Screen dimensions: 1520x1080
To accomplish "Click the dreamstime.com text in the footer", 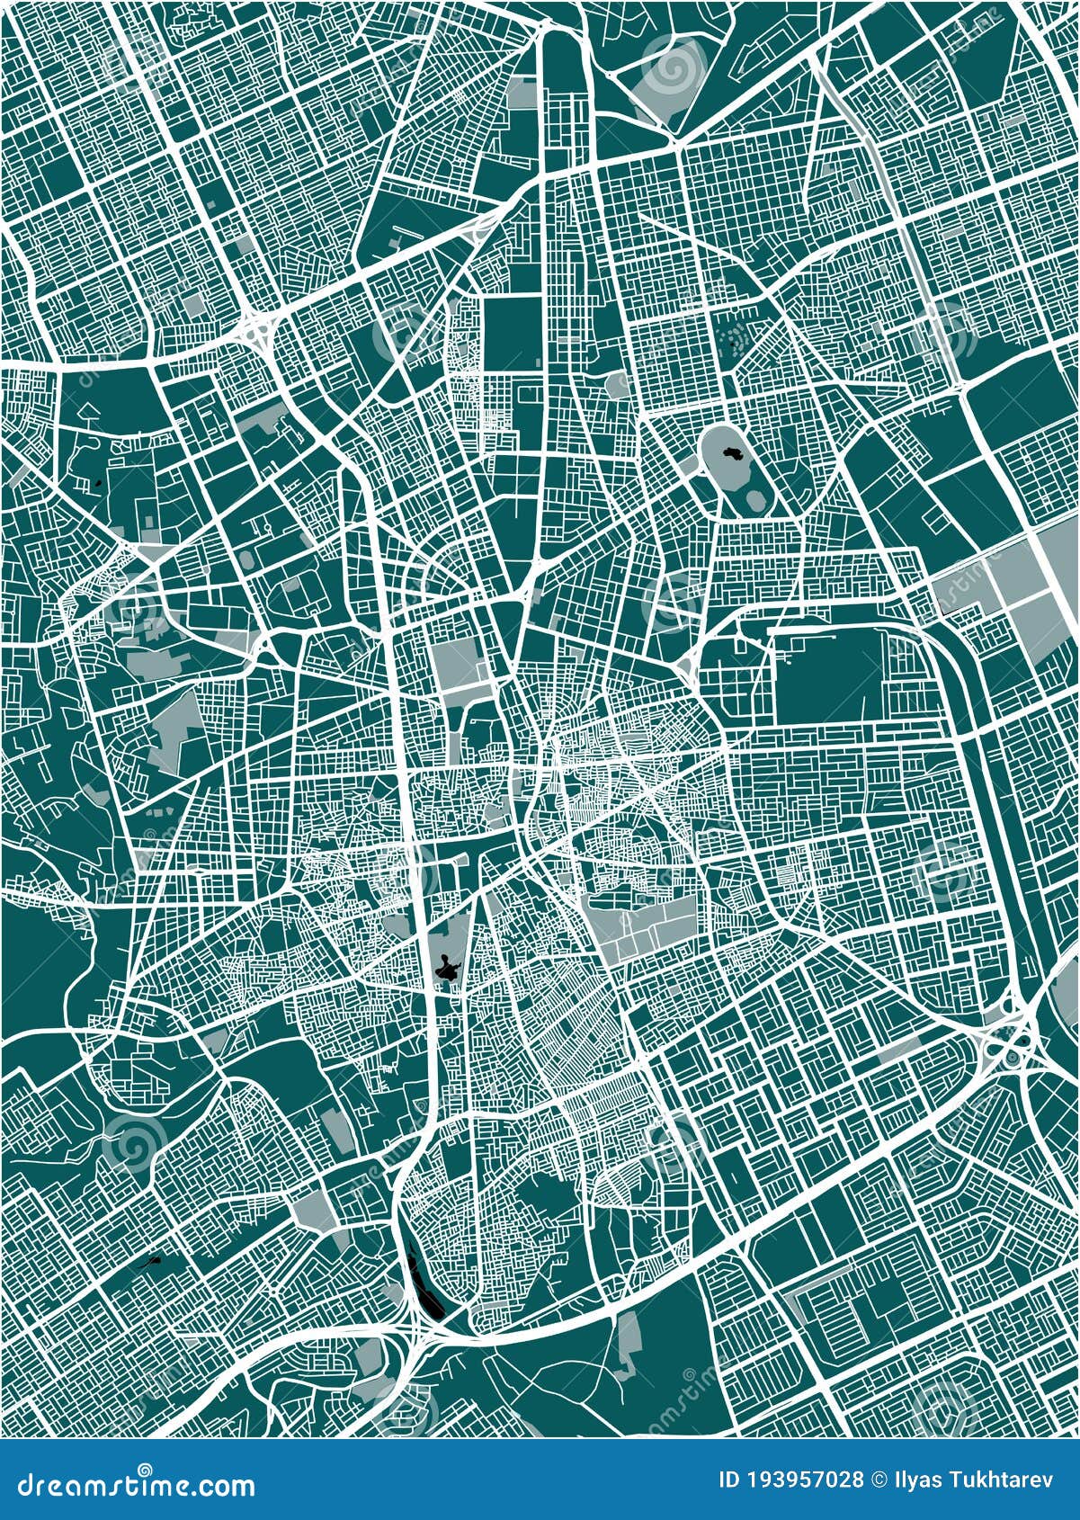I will coord(130,1485).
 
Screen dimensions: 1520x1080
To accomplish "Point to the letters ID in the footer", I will coord(732,1479).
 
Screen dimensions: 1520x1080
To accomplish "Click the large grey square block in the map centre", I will coord(459,666).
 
